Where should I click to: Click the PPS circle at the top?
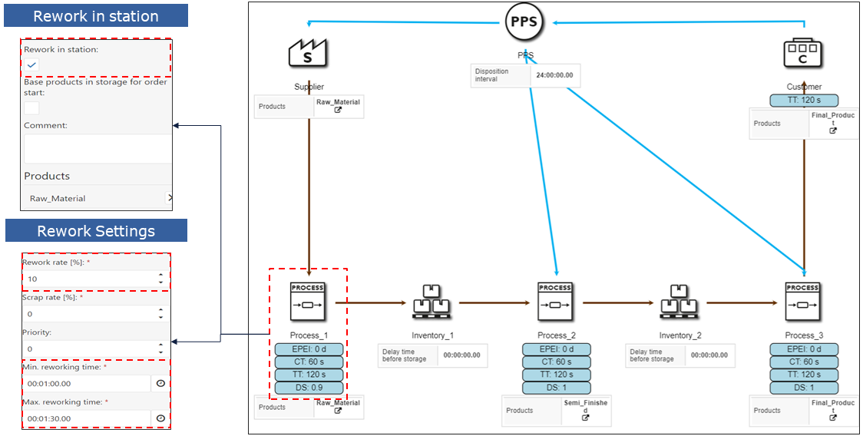524,23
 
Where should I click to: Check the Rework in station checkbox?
32,65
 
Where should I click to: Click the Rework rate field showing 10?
88,279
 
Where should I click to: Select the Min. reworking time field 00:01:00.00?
86,383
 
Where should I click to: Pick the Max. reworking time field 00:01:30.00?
86,418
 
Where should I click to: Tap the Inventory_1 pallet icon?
432,302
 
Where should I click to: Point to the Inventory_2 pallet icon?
679,302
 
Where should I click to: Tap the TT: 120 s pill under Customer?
804,101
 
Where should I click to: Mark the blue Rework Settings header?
96,231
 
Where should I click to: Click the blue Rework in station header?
96,16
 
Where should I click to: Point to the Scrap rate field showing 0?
88,314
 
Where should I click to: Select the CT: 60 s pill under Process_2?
556,362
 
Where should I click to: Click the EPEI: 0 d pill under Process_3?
803,349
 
